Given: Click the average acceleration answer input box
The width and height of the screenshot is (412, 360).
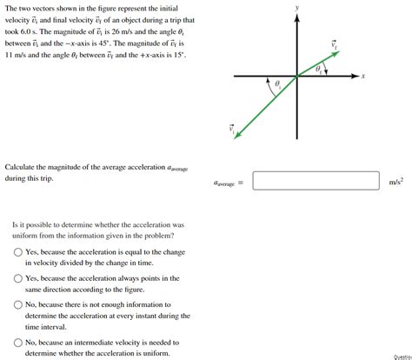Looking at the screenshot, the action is [x=316, y=181].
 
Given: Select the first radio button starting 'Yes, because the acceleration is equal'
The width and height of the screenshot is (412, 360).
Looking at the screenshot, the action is [x=18, y=252].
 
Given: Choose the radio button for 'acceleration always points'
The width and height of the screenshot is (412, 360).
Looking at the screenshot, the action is [x=18, y=278].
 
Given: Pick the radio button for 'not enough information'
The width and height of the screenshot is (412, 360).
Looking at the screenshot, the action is [x=18, y=305].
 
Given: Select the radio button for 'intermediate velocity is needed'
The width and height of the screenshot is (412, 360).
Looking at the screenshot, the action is [x=18, y=343].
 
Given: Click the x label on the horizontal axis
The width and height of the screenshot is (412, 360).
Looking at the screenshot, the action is [x=363, y=77].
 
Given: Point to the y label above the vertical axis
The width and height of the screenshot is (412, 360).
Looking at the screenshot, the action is [x=296, y=7].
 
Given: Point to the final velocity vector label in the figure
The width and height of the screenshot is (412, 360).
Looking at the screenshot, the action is [x=333, y=43].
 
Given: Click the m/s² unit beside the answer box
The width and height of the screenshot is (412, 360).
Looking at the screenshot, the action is [x=395, y=182].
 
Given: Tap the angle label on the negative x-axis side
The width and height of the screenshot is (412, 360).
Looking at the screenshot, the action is [x=277, y=84].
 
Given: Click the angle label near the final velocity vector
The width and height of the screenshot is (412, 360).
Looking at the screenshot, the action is [x=318, y=68].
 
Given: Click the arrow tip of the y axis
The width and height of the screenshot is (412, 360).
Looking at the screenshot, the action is [x=296, y=17].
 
